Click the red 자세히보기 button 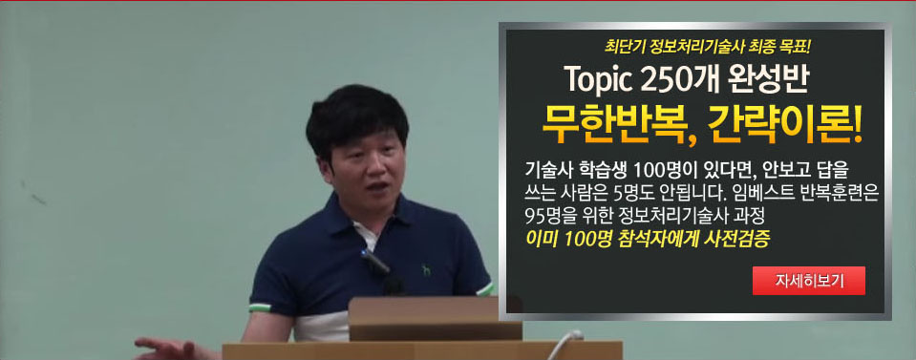(808, 281)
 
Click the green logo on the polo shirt (426, 270)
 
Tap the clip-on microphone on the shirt (374, 262)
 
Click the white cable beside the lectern (564, 344)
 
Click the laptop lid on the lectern (436, 318)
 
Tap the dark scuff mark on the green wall (38, 200)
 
